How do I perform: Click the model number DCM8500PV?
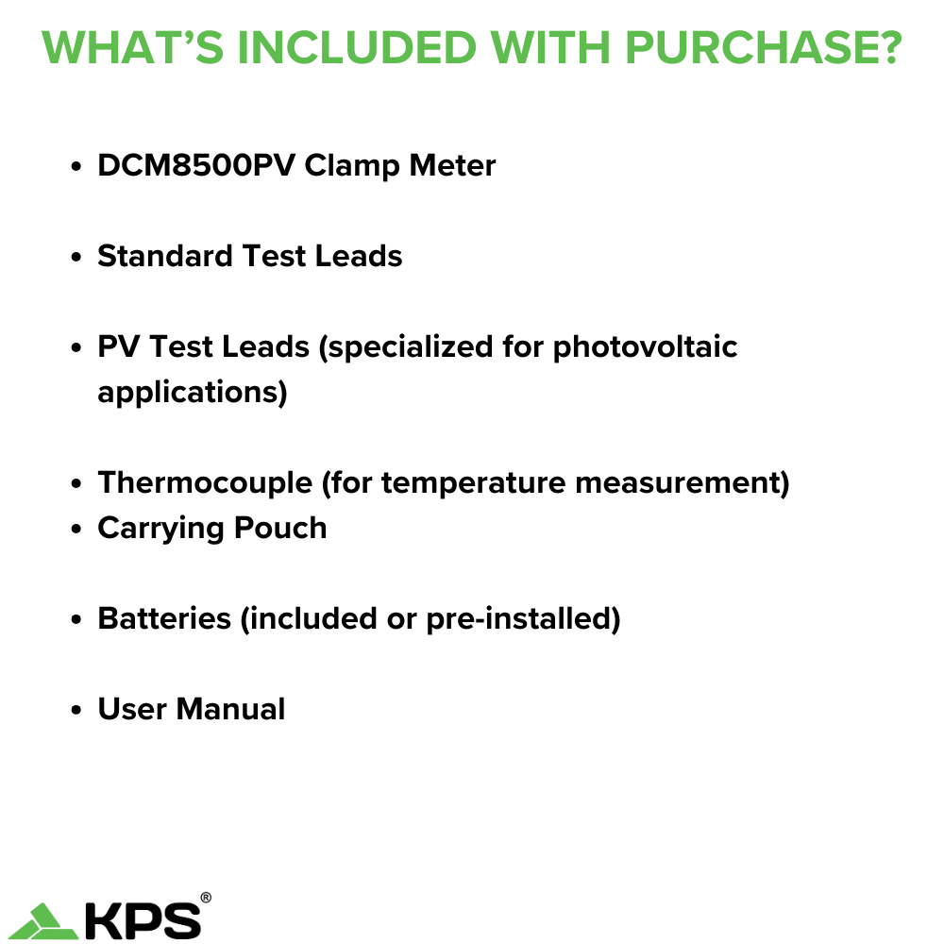pyautogui.click(x=195, y=166)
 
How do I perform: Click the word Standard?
pyautogui.click(x=165, y=257)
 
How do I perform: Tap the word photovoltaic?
pyautogui.click(x=645, y=347)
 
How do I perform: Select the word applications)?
pyautogui.click(x=192, y=393)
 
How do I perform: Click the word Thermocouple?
pyautogui.click(x=205, y=483)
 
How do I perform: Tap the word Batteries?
pyautogui.click(x=164, y=619)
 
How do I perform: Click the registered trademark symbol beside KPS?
pyautogui.click(x=206, y=898)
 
